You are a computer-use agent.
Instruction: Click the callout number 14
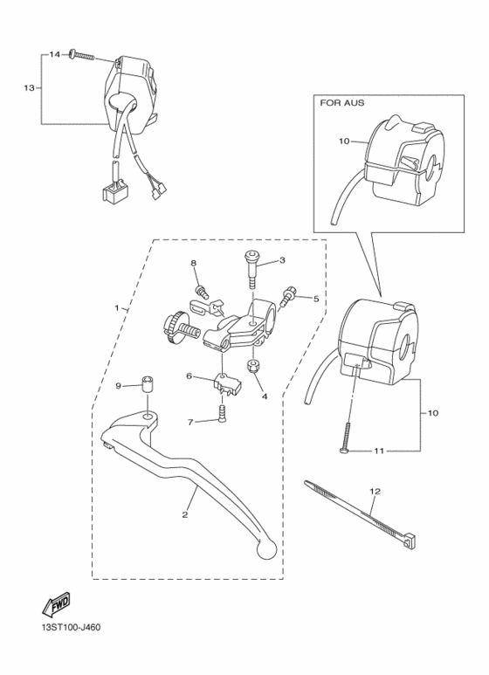[53, 55]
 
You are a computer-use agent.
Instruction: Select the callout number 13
[29, 88]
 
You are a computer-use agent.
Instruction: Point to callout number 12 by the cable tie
[373, 492]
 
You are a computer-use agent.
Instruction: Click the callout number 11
[379, 451]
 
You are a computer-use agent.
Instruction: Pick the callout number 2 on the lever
[184, 515]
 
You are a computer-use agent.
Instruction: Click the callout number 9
[119, 385]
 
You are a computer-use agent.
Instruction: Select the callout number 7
[189, 421]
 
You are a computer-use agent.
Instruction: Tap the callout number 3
[282, 259]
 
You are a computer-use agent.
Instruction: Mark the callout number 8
[194, 263]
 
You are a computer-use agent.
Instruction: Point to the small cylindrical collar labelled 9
[149, 384]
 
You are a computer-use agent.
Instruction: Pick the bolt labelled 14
[81, 55]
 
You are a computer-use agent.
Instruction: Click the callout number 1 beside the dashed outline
[115, 308]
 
